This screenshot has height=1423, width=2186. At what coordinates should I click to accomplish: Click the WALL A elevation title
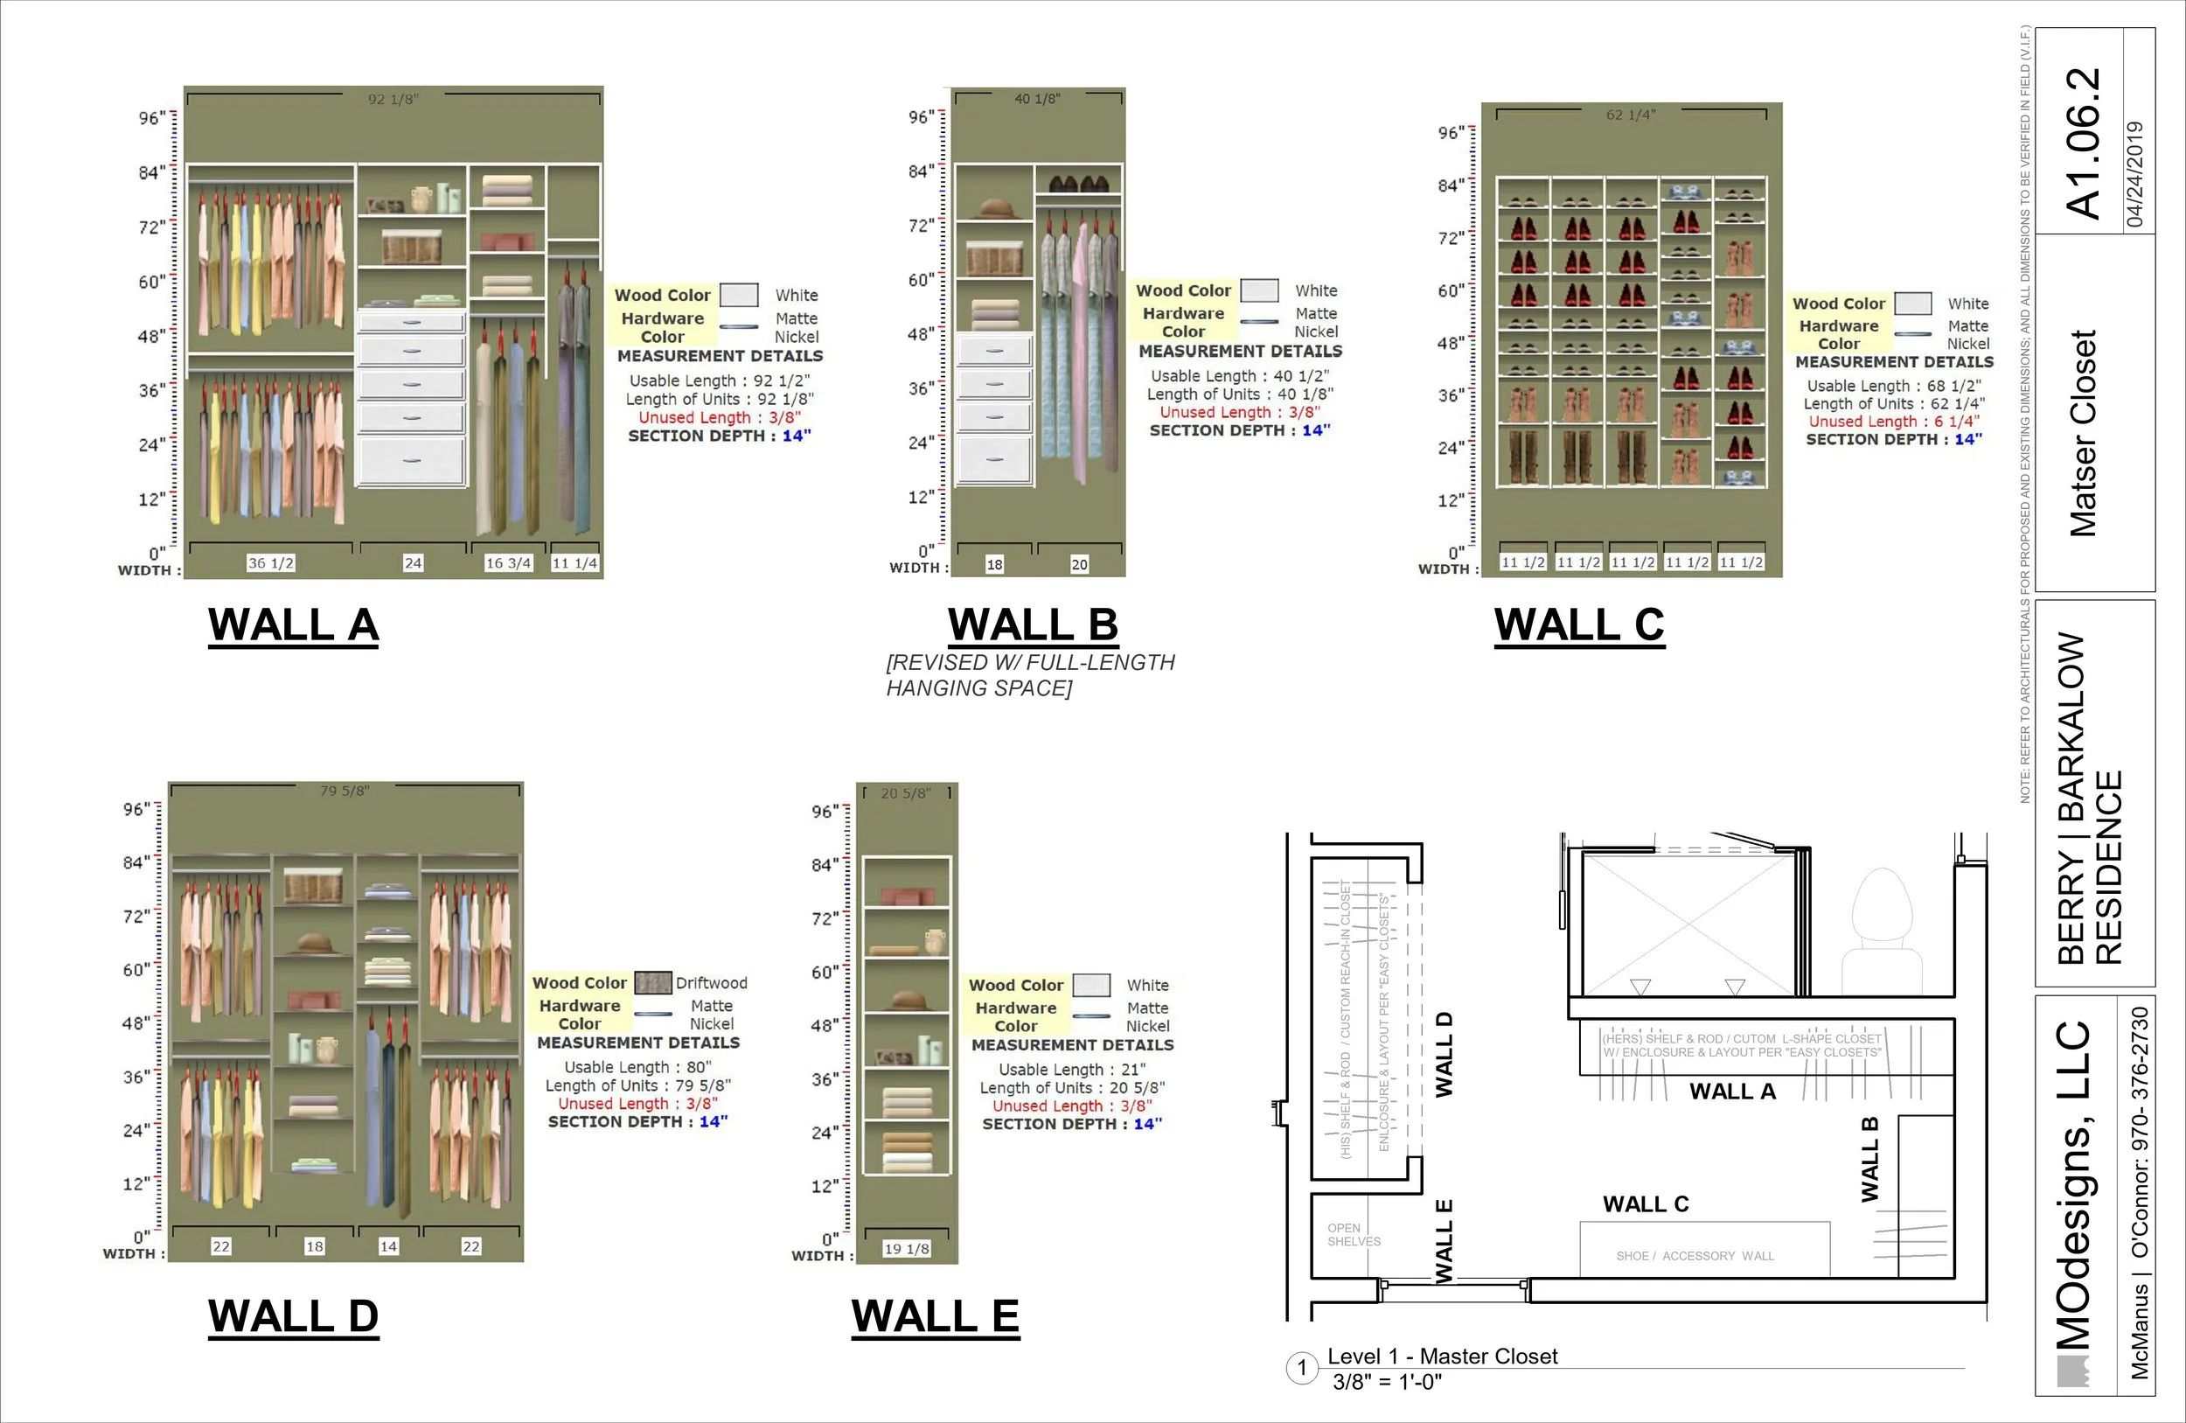(x=293, y=624)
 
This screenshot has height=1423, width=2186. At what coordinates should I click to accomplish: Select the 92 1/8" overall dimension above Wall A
(x=393, y=99)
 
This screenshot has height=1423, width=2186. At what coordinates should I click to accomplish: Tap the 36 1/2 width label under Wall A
(x=271, y=563)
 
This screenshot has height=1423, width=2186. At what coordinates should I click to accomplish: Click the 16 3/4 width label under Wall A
(x=508, y=563)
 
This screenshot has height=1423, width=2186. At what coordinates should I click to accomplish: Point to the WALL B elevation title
(x=1033, y=624)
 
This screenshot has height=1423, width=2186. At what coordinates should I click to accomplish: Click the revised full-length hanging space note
(x=1030, y=675)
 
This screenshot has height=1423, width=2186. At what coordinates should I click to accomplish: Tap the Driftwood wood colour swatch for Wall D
(x=653, y=983)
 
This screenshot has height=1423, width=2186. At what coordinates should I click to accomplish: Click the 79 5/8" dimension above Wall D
(x=345, y=791)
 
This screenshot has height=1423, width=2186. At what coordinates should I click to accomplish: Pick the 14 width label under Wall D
(x=388, y=1246)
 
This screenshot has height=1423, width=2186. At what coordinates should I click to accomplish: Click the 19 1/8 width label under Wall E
(x=907, y=1248)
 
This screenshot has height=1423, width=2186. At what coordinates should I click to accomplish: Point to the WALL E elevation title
(x=935, y=1315)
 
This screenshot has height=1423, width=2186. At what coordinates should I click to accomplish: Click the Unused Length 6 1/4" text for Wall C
(x=1894, y=422)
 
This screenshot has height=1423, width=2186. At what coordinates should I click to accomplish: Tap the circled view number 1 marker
(x=1301, y=1368)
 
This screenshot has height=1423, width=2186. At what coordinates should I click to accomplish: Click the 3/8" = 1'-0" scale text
(x=1387, y=1383)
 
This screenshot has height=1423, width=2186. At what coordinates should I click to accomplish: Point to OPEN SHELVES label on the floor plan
(x=1353, y=1235)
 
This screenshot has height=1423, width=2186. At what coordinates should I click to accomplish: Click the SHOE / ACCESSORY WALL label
(x=1695, y=1256)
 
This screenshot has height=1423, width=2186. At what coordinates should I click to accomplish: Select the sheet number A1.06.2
(x=2083, y=143)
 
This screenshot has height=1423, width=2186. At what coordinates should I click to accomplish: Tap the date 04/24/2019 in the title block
(x=2135, y=175)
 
